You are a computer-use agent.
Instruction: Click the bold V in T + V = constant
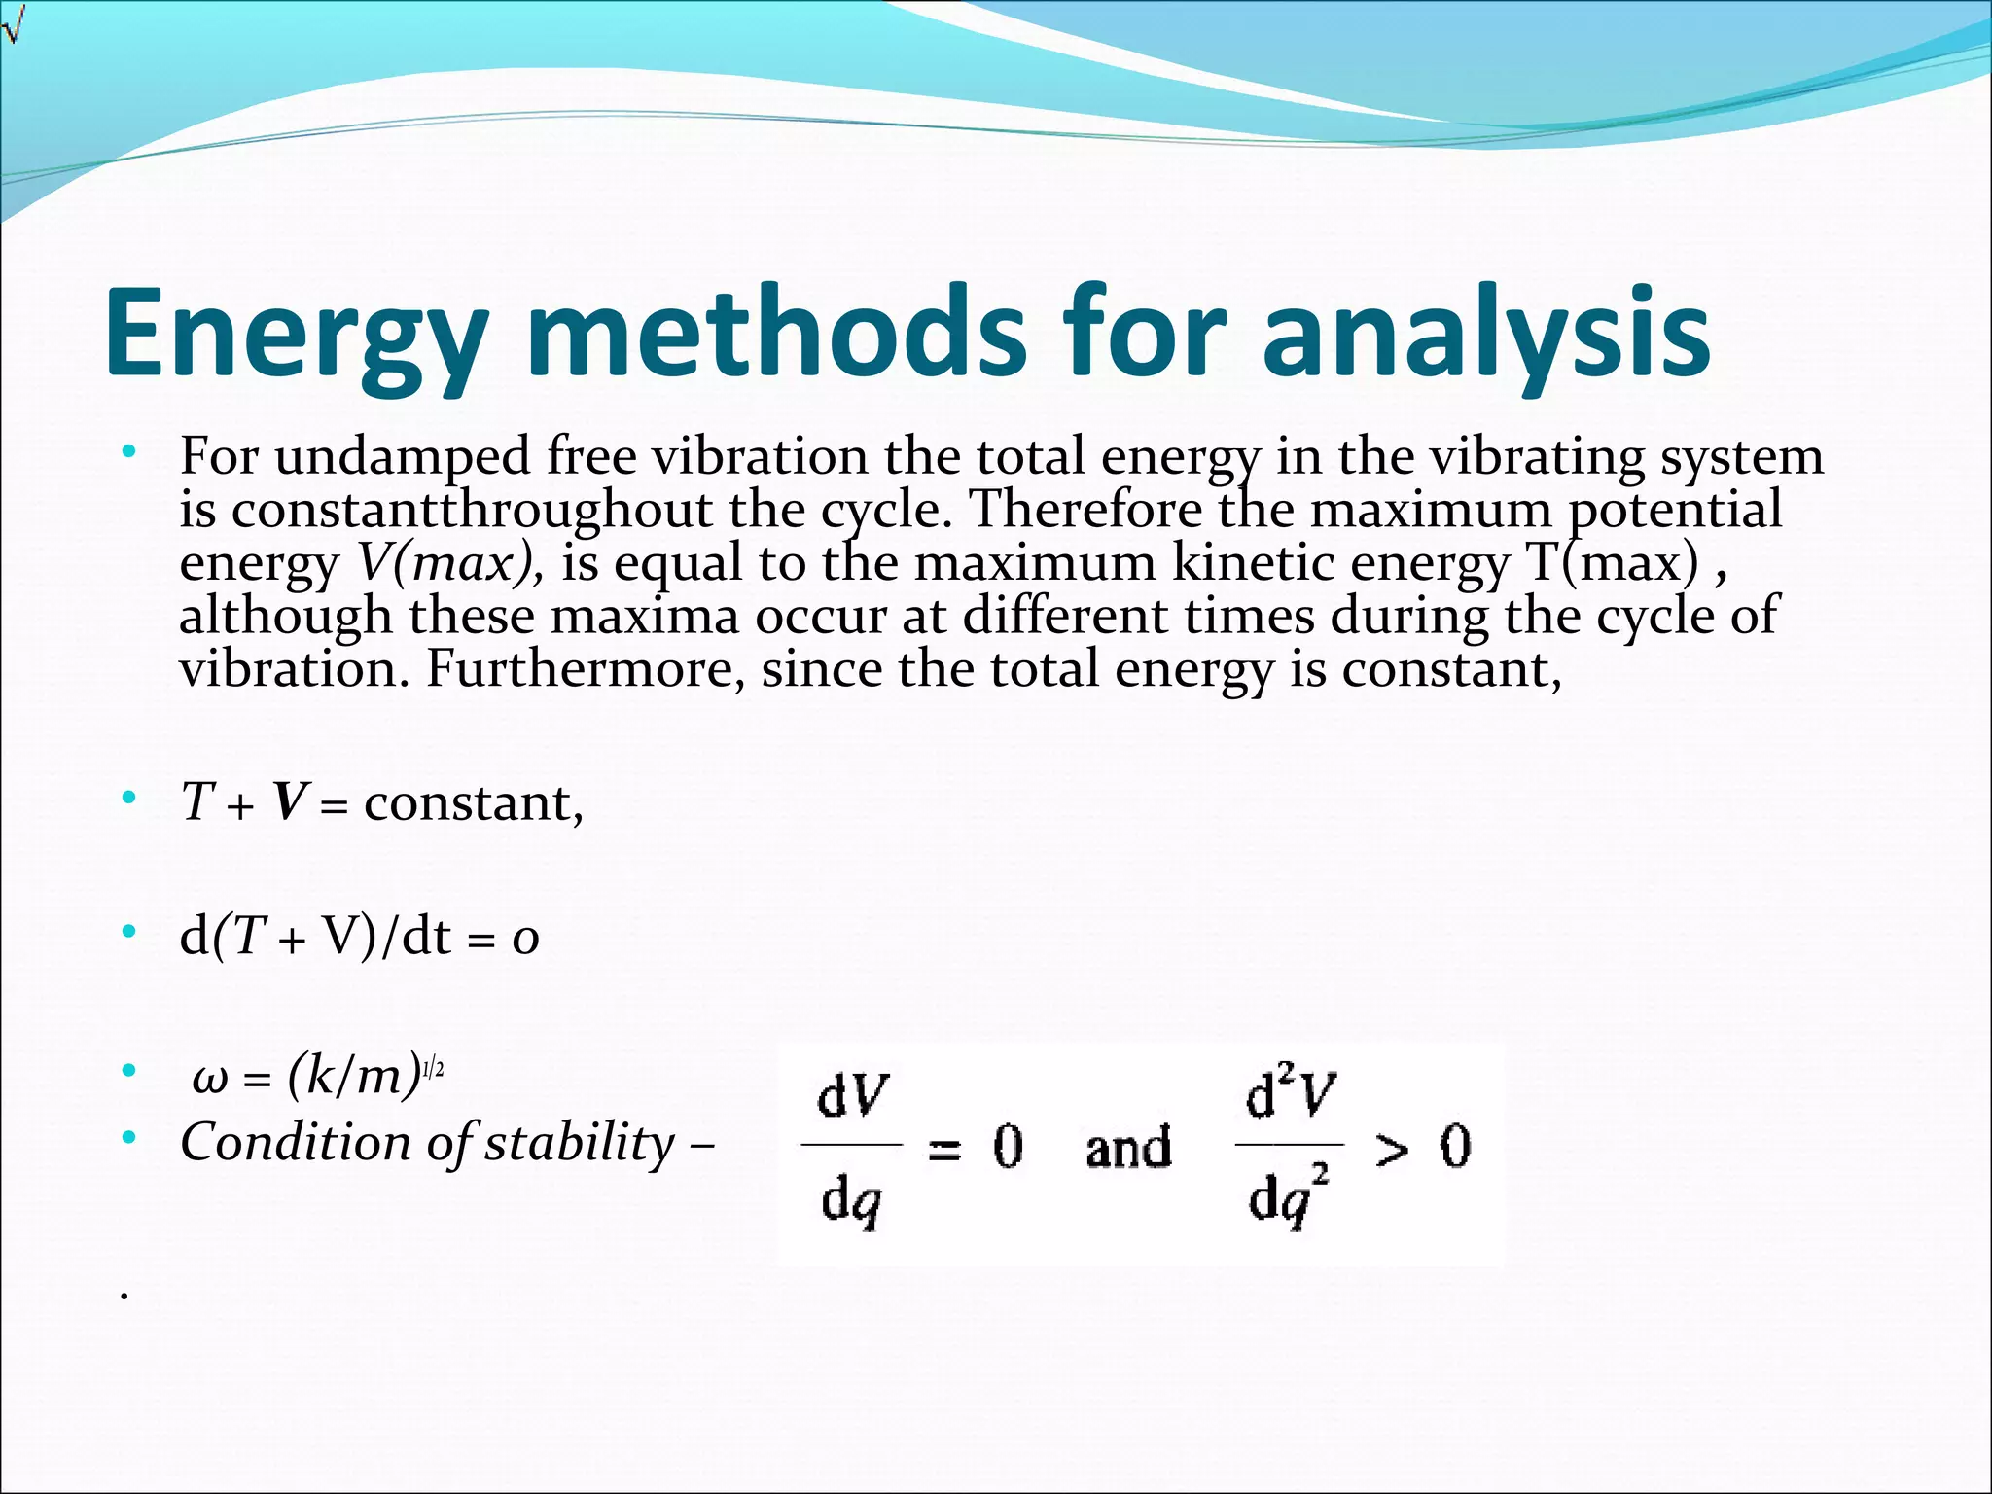pos(290,803)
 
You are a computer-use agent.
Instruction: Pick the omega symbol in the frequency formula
pos(210,1078)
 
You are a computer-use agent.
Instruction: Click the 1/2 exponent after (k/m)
pos(434,1070)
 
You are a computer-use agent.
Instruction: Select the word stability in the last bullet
pos(580,1143)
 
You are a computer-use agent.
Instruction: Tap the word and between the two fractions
pos(1128,1148)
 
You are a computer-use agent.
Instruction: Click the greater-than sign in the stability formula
pos(1392,1150)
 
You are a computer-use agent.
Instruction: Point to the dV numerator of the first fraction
pos(852,1097)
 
